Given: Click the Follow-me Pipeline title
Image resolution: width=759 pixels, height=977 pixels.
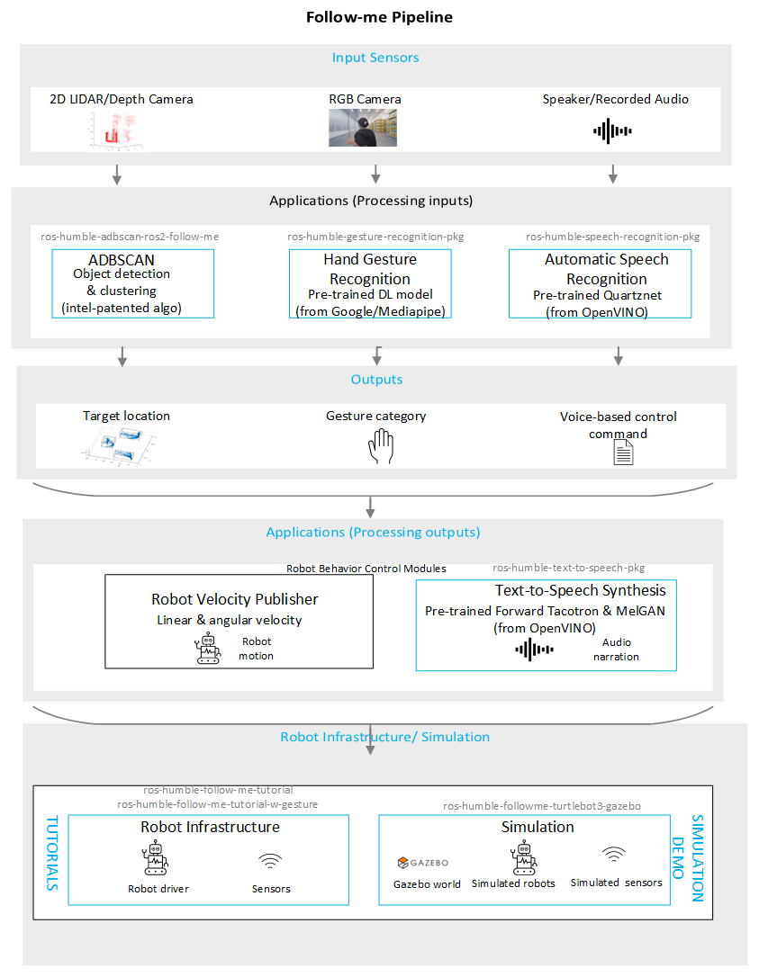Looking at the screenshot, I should point(379,17).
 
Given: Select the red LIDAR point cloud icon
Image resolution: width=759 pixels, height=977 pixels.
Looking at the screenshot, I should point(113,132).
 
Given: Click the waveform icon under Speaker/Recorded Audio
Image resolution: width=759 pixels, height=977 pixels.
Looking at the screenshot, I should point(613,131).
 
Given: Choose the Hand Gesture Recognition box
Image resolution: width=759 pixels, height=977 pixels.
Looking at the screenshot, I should point(370,283).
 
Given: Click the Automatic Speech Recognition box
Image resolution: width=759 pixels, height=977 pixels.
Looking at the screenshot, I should point(600,283).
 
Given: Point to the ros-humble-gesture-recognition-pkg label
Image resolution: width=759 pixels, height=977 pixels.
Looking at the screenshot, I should point(375,238).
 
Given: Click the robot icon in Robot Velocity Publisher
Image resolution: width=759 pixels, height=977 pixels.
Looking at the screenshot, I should point(208,649).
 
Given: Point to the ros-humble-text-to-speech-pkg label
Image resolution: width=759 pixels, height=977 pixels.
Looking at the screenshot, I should point(568,568).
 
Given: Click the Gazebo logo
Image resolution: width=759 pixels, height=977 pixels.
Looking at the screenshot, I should point(422,863).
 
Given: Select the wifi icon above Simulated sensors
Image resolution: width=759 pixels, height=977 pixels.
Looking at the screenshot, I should point(614,854).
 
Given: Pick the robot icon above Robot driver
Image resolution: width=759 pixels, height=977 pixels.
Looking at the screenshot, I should point(156,860).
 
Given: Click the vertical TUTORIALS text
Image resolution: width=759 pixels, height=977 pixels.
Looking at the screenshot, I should point(50,853).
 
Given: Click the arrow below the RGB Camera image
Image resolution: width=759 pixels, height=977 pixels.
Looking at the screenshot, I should point(375,174).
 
